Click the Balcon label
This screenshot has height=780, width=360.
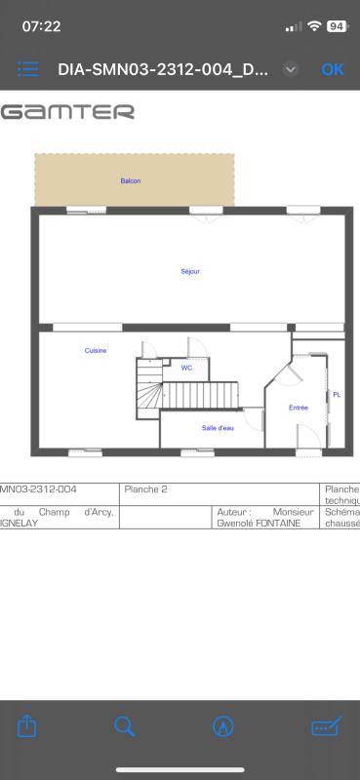point(131,181)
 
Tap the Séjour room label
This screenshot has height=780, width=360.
point(190,272)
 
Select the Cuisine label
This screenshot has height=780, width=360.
point(96,351)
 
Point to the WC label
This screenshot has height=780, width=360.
point(186,369)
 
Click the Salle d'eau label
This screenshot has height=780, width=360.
point(219,428)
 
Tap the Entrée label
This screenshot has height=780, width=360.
point(299,408)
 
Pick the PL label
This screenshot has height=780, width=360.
point(338,395)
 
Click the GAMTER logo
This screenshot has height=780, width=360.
point(67,111)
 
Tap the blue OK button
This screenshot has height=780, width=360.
point(333,69)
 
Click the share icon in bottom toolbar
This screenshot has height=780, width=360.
point(27,725)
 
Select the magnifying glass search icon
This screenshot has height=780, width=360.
point(124,726)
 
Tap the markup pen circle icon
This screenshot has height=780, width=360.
point(223,726)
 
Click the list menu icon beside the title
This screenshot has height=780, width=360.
point(28,69)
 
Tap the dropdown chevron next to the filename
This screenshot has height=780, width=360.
point(291,69)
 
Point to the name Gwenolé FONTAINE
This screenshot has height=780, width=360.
point(259,524)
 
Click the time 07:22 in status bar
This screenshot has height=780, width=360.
point(41,26)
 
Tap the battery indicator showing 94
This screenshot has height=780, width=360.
point(338,26)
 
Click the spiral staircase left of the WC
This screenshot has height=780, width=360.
point(149,388)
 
